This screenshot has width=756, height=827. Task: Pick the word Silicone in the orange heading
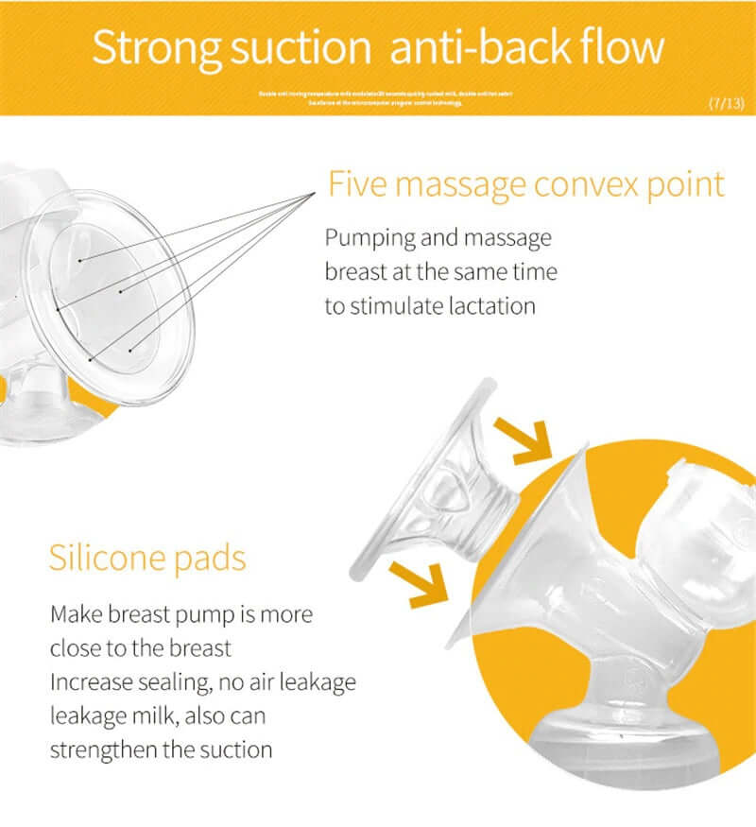pos(109,558)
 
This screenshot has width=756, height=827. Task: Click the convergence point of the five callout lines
pos(315,195)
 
